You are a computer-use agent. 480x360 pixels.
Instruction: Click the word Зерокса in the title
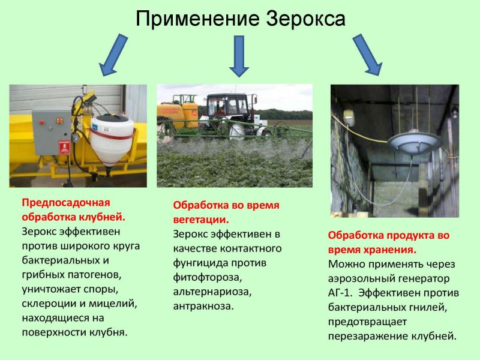point(305,19)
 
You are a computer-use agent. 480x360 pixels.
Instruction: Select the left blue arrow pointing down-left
point(113,55)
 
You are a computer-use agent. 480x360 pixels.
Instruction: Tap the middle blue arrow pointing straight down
point(239,56)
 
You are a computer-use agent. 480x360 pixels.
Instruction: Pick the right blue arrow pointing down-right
point(367,55)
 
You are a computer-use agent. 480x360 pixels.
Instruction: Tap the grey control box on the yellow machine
point(52,133)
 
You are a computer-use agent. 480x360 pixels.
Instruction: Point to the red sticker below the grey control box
point(64,147)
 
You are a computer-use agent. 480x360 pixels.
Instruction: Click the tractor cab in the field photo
point(227,106)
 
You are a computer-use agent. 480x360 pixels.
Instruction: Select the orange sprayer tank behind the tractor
point(178,115)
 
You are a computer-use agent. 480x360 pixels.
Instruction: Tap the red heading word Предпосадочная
point(66,203)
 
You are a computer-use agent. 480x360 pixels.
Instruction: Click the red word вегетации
point(201,220)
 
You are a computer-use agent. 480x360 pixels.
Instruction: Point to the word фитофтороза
point(208,277)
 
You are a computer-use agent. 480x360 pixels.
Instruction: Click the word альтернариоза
point(212,292)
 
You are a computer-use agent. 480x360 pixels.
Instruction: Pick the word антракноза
point(203,306)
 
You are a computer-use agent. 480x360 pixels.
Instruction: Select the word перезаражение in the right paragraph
point(368,337)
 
